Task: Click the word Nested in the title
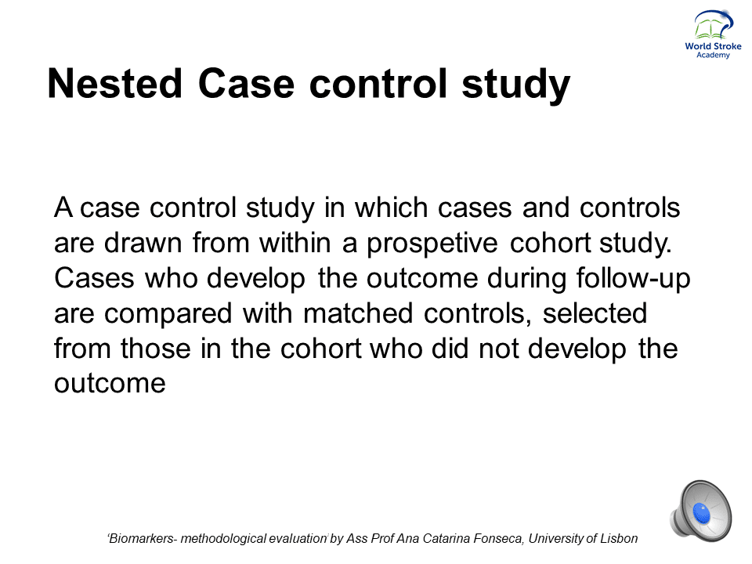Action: (x=115, y=84)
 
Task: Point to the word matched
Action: (x=358, y=313)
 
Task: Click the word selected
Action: (x=595, y=313)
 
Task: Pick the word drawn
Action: (x=143, y=243)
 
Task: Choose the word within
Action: (x=295, y=243)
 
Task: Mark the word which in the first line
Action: (x=391, y=208)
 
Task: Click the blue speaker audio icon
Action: (x=701, y=512)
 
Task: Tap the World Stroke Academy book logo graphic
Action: (x=714, y=25)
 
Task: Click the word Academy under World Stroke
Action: (x=713, y=55)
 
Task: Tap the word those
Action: (x=155, y=348)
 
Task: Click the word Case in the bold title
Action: (x=246, y=84)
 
